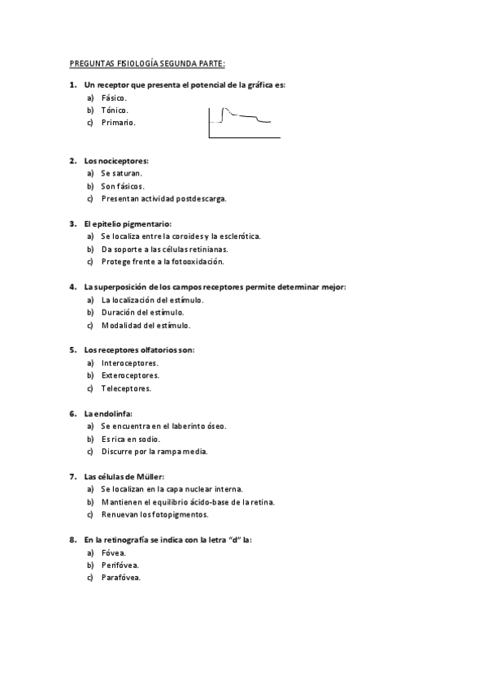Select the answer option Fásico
coord(114,97)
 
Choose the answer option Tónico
coord(115,110)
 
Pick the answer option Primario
coord(118,123)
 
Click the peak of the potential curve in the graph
coord(226,108)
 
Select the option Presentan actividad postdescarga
coord(163,198)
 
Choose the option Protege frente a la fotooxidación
coord(162,262)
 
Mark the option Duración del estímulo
coord(142,312)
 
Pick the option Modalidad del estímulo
coord(146,325)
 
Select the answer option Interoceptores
coord(129,362)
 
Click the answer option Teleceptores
coord(126,388)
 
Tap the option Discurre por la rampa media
coord(154,451)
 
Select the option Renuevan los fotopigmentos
coord(154,514)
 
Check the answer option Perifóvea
coord(120,565)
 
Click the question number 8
coord(73,539)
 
